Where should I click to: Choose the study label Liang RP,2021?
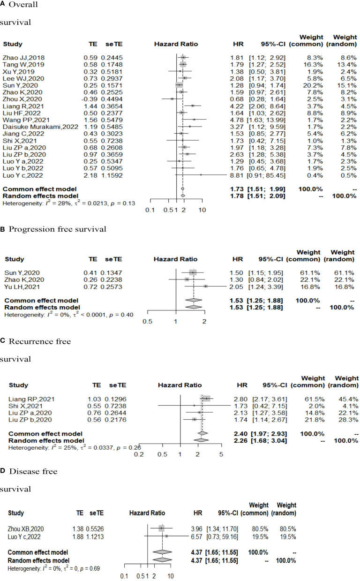[28, 399]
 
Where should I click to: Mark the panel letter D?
[3, 471]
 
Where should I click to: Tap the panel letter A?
[3, 5]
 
